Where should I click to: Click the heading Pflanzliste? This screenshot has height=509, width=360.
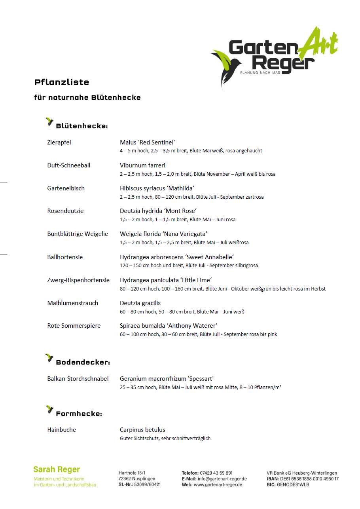pyautogui.click(x=62, y=82)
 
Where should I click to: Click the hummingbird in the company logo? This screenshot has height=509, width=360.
pyautogui.click(x=225, y=65)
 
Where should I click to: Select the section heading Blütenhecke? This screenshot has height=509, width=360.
pyautogui.click(x=82, y=126)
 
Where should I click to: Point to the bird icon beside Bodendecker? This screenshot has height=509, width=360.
pyautogui.click(x=49, y=359)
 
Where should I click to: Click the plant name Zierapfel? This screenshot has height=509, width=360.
pyautogui.click(x=59, y=142)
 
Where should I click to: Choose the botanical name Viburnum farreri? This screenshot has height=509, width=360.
pyautogui.click(x=142, y=165)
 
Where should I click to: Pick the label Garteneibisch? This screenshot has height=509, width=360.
pyautogui.click(x=66, y=188)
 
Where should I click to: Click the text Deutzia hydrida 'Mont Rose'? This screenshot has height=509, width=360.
pyautogui.click(x=158, y=211)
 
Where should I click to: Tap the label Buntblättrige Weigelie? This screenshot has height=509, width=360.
pyautogui.click(x=78, y=234)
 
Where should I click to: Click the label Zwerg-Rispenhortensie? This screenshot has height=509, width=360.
pyautogui.click(x=78, y=280)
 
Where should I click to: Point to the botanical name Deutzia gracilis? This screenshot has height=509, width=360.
pyautogui.click(x=140, y=303)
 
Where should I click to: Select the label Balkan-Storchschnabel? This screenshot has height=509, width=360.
pyautogui.click(x=78, y=378)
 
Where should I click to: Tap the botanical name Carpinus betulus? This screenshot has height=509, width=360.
pyautogui.click(x=142, y=429)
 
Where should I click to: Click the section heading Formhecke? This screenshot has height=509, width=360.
pyautogui.click(x=79, y=414)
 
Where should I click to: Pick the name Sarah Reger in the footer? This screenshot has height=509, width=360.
pyautogui.click(x=57, y=469)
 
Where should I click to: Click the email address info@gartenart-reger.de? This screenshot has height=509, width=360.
pyautogui.click(x=222, y=479)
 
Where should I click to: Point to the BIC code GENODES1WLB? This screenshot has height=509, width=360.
pyautogui.click(x=293, y=484)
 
